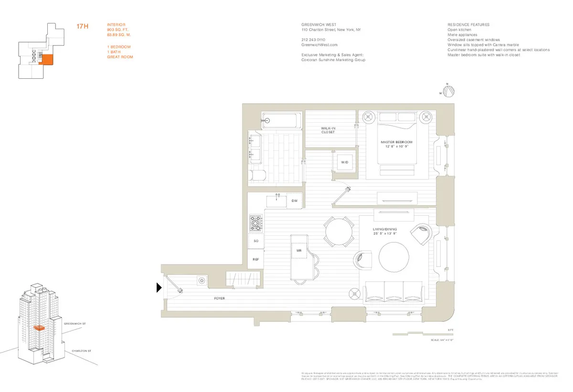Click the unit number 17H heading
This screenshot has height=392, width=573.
pos(83,26)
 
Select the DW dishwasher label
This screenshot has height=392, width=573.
pos(295,201)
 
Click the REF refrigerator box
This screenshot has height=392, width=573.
pos(256,259)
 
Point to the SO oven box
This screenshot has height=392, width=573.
pos(256,241)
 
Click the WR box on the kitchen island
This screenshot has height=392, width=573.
pos(299,250)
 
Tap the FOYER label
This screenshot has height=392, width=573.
pos(219,298)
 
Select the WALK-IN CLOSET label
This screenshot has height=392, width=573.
pos(328,130)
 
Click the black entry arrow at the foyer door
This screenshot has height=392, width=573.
pos(159,288)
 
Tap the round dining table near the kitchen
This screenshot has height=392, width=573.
pos(340,232)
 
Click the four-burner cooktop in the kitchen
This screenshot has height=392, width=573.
pos(256,222)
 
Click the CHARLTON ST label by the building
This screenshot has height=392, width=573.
pos(81,351)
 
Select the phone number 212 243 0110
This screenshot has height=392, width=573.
pos(313,39)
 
